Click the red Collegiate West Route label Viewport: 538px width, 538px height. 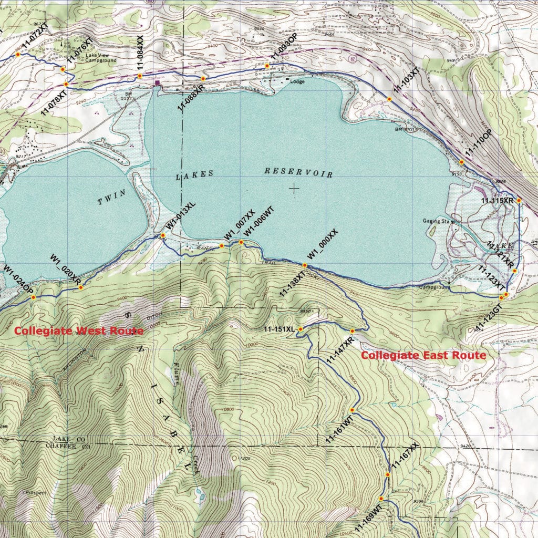[x=78, y=331]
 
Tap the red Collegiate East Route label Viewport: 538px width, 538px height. [x=423, y=356]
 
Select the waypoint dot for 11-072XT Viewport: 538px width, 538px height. [x=17, y=54]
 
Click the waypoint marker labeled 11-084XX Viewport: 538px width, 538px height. [x=140, y=76]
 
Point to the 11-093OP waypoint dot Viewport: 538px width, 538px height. [x=267, y=66]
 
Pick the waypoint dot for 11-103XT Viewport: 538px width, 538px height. [x=389, y=99]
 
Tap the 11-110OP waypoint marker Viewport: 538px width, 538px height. [x=461, y=162]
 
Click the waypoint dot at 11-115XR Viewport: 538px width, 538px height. [x=519, y=200]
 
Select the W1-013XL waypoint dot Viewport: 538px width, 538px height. [x=163, y=235]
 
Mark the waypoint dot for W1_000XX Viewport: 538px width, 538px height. [x=305, y=265]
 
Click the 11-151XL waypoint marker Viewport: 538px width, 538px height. [x=301, y=329]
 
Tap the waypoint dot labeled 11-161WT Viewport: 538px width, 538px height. [x=352, y=410]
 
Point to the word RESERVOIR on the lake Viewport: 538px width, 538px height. [x=298, y=172]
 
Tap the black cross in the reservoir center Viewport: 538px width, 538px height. [x=294, y=188]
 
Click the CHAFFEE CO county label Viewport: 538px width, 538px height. [x=71, y=446]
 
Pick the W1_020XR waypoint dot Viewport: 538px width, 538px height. [x=80, y=287]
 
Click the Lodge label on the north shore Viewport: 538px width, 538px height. [x=297, y=81]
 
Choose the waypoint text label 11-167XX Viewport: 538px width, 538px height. [x=405, y=455]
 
